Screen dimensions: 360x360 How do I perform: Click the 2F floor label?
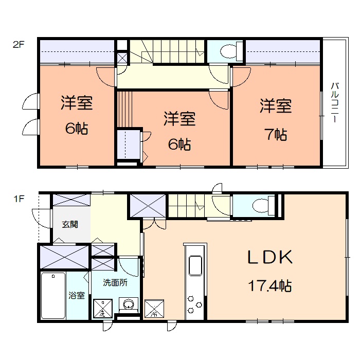pos(19,44)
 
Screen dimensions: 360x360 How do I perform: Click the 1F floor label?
pos(19,199)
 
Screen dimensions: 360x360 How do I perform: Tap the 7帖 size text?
pos(276,134)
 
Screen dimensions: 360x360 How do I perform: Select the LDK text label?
pos(270,257)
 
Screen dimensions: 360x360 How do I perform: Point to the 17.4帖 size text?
pos(270,286)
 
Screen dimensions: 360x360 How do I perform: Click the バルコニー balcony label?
pos(335,102)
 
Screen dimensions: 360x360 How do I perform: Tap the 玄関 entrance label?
pos(70,224)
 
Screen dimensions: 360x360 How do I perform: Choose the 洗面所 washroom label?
pos(115,283)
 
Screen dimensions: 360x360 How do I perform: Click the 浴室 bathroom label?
pos(77,295)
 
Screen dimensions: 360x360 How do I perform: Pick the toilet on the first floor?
pos(263,205)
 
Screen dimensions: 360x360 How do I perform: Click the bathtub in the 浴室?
pos(53,296)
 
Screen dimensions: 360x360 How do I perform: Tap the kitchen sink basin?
pos(195,265)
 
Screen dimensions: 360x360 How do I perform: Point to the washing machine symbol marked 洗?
pos(103,309)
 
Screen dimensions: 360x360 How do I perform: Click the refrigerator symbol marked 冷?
pos(154,309)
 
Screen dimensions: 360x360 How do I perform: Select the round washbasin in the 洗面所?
pos(129,304)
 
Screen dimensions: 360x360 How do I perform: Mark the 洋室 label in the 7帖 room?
pos(276,106)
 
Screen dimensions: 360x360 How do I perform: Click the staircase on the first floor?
pos(186,206)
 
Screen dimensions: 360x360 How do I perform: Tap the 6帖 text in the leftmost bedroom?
pos(77,129)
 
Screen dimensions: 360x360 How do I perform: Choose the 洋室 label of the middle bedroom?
pos(179,119)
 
